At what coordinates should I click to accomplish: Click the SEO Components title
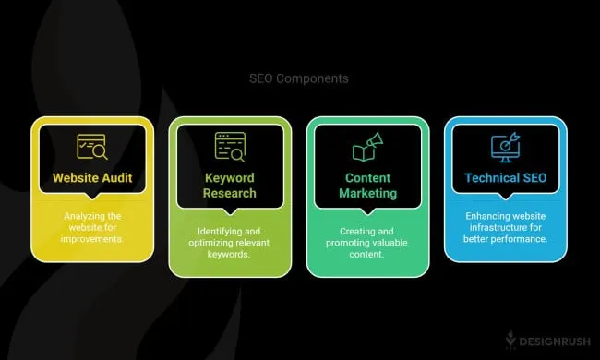299,78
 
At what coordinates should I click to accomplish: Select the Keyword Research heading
228,185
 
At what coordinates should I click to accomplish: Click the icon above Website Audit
90,146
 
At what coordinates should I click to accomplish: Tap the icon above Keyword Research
228,146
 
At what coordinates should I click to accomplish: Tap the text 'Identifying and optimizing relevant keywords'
228,235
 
